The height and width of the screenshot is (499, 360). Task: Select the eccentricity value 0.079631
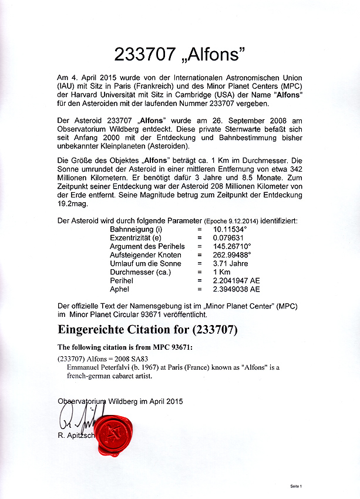point(227,237)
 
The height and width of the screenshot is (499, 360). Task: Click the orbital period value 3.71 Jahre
point(228,263)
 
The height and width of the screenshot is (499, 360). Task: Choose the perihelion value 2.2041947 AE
point(236,280)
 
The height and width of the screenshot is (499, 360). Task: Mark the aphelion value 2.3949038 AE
point(236,289)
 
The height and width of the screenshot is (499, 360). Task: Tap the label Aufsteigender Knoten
point(146,255)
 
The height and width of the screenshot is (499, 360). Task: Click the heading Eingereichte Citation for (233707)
point(147,329)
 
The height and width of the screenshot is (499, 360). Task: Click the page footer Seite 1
point(295,487)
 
